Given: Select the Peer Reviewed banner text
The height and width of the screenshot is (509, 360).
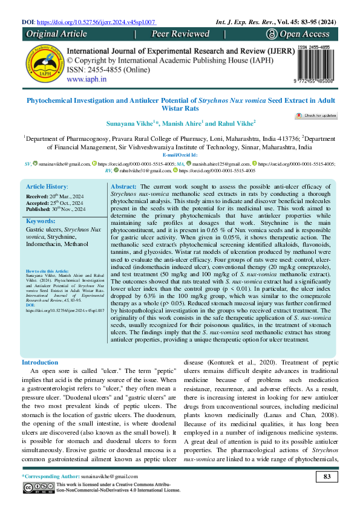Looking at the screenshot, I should click(x=180, y=34).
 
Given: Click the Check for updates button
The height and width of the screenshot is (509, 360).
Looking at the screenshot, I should click(x=316, y=115).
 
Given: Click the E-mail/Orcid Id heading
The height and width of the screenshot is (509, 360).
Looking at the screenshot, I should click(x=180, y=155).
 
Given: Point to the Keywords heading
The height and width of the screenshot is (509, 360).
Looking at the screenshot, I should click(x=41, y=221).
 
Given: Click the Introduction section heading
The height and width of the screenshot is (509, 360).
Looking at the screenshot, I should click(x=40, y=362).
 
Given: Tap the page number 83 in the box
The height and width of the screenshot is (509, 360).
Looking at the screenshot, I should click(x=327, y=478).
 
